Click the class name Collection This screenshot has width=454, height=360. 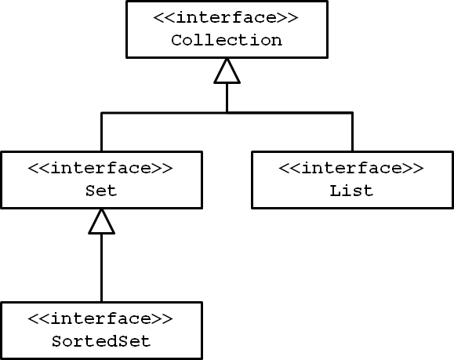click(227, 40)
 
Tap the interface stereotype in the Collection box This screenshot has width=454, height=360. click(226, 17)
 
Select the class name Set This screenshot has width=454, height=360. click(101, 191)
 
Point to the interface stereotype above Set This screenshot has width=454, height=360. click(100, 168)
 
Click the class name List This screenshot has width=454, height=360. click(351, 191)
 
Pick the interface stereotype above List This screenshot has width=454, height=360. click(351, 168)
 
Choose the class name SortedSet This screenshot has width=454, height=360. click(101, 341)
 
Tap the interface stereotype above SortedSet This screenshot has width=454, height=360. click(100, 318)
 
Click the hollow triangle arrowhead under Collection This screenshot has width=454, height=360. click(227, 71)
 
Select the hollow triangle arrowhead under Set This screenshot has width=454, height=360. click(102, 221)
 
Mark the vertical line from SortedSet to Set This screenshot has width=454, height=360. click(102, 267)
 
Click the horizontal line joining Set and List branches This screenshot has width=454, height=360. click(227, 113)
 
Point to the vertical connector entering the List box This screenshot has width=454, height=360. click(352, 132)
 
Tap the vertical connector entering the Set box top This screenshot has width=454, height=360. click(102, 132)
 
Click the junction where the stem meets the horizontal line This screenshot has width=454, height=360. click(227, 112)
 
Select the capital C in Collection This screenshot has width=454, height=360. click(176, 40)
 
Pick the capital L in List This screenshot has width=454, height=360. click(335, 191)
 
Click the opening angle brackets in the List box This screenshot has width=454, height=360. click(290, 169)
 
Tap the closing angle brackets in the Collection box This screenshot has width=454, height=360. click(287, 18)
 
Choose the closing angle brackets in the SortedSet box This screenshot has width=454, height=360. click(162, 319)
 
